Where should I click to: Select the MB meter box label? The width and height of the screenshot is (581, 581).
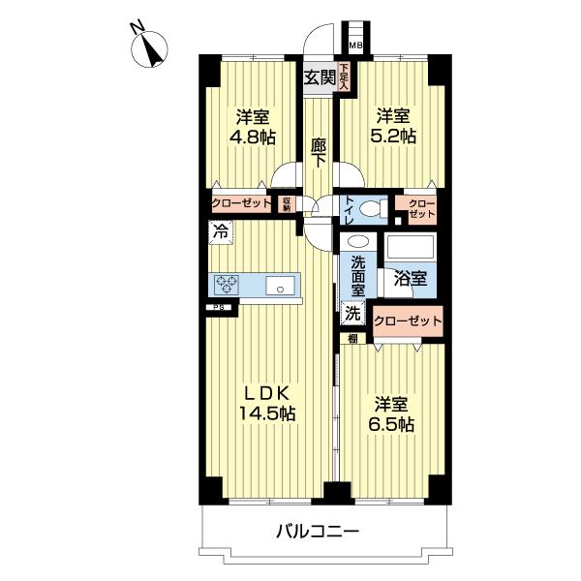[x=354, y=45]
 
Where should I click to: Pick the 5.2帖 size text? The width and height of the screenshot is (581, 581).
[x=396, y=137]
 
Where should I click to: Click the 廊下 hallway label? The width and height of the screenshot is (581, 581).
[x=318, y=156]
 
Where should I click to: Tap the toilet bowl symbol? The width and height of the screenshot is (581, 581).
[x=371, y=206]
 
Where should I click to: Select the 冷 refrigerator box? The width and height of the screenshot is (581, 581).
[x=222, y=232]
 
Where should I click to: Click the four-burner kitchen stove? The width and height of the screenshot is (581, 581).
[x=228, y=285]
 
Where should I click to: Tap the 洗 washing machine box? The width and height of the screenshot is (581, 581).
[x=352, y=312]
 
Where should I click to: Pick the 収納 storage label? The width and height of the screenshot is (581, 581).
[x=287, y=203]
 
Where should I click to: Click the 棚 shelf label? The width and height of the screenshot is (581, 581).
[x=352, y=338]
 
